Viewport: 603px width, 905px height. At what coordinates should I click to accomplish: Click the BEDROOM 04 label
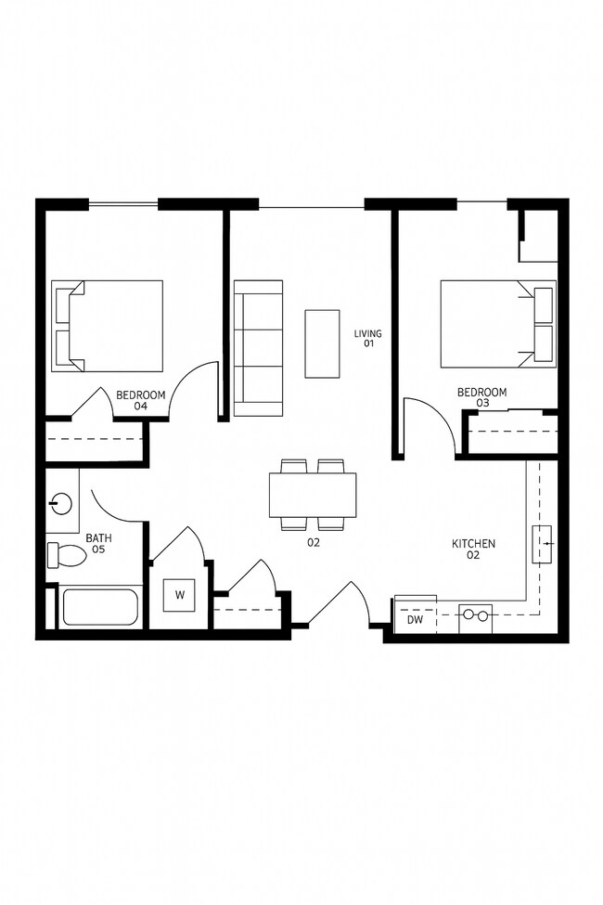(x=141, y=400)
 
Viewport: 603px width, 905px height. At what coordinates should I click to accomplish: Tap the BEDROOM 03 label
(x=482, y=397)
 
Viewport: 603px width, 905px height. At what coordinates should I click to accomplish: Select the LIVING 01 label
(x=367, y=338)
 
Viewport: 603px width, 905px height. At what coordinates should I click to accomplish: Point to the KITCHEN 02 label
(x=473, y=549)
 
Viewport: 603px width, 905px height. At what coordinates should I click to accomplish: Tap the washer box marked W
(x=179, y=595)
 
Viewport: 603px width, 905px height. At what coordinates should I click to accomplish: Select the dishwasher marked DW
(x=415, y=616)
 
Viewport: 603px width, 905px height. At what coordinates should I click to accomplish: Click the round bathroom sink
(x=60, y=504)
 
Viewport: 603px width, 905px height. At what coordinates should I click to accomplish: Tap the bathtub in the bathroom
(x=99, y=608)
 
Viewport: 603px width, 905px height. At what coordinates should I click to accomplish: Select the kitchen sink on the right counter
(x=543, y=544)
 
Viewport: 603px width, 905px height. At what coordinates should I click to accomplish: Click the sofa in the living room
(x=258, y=347)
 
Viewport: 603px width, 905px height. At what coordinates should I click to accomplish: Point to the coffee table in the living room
(x=323, y=343)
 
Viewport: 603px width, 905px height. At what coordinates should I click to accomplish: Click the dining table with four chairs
(x=313, y=495)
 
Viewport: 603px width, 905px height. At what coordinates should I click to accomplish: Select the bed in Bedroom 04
(x=108, y=325)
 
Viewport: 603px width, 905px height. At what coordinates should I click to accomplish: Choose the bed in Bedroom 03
(x=497, y=324)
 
